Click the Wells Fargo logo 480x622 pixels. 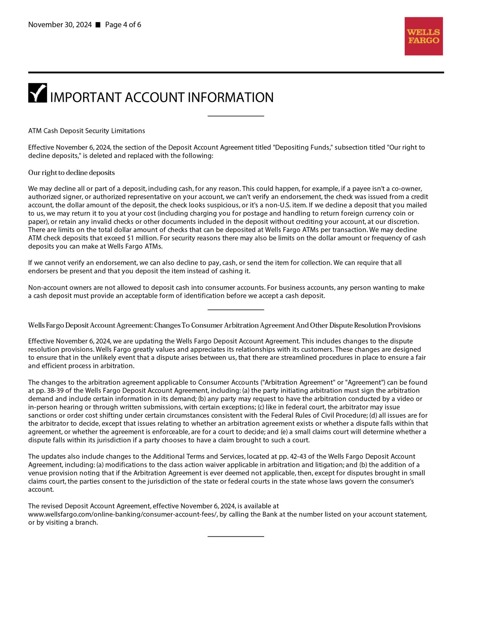click(x=423, y=36)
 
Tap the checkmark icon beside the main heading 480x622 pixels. click(x=37, y=93)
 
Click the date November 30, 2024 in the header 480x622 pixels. click(x=60, y=25)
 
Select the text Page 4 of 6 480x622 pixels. click(x=123, y=25)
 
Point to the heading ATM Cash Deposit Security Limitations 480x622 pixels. click(x=86, y=131)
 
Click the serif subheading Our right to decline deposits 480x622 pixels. click(x=71, y=173)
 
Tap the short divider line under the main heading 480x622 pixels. click(x=235, y=116)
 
